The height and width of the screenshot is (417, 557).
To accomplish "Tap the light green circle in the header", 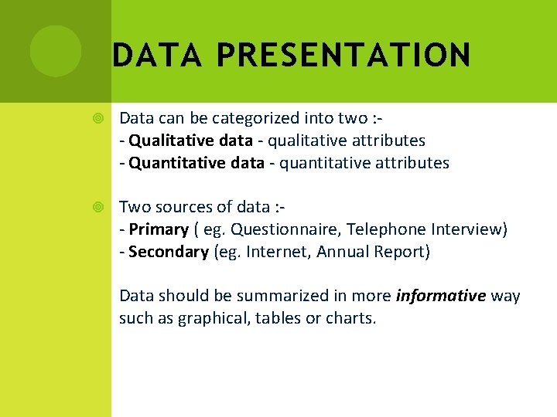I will click(x=56, y=51).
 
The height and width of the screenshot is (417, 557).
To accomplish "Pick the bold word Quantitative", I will click(x=170, y=163).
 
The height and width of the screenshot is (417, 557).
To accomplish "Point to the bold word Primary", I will click(x=159, y=229).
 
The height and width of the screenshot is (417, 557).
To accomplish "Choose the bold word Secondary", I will click(x=169, y=252).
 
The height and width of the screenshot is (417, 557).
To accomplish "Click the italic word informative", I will click(x=440, y=296).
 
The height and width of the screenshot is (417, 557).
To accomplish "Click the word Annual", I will click(x=343, y=252).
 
